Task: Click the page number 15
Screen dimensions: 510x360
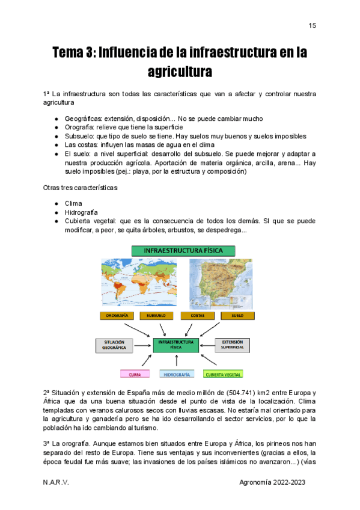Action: point(312,25)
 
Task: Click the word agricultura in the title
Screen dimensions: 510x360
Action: point(180,72)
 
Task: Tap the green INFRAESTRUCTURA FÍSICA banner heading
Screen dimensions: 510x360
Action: point(179,250)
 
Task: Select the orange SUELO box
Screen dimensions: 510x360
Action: point(237,315)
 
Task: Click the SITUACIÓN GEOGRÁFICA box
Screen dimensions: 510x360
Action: point(114,345)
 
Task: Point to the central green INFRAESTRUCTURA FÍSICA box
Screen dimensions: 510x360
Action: point(175,345)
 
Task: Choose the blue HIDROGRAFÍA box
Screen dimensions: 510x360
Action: point(177,373)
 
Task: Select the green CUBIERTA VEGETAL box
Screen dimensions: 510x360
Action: point(224,373)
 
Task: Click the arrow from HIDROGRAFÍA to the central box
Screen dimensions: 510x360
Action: point(177,360)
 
